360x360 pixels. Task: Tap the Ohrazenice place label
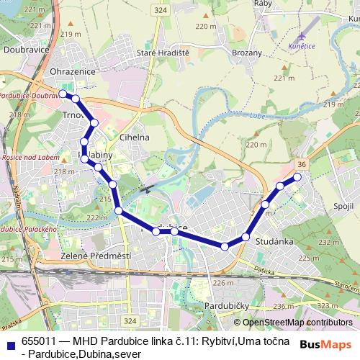coord(72,72)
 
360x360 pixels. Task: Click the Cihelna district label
coord(135,137)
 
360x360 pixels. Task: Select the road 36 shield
coord(302,165)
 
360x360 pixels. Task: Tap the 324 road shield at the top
coord(160,9)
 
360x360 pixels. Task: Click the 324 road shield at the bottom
coord(130,319)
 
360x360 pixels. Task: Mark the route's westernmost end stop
coord(63,94)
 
